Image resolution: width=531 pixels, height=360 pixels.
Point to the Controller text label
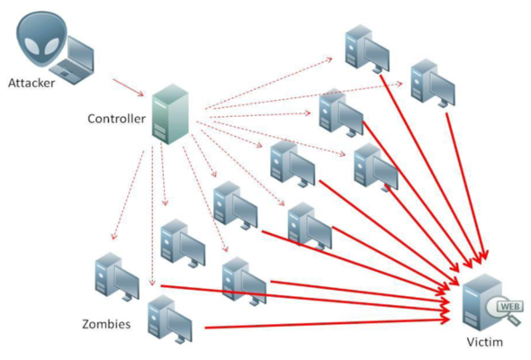click(x=115, y=118)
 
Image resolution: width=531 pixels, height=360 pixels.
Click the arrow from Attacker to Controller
click(x=126, y=86)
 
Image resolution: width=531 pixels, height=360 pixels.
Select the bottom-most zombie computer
click(x=167, y=317)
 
